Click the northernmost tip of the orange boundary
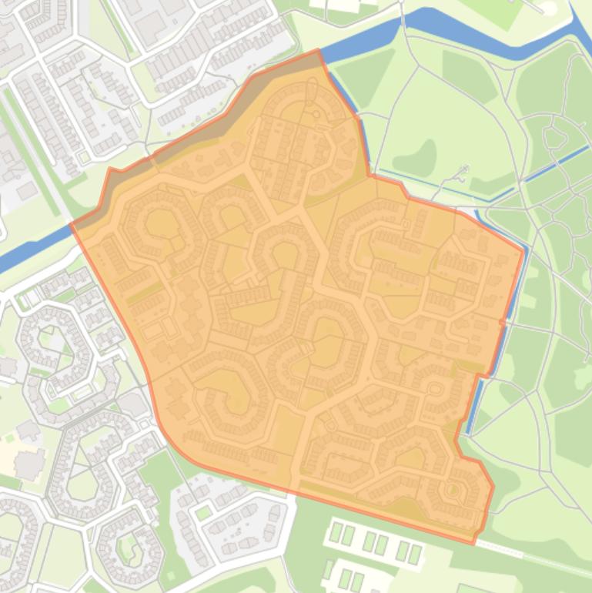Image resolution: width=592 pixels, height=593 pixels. (318, 51)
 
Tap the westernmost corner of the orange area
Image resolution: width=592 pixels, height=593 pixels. (72, 225)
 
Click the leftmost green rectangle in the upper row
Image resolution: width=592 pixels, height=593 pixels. (336, 532)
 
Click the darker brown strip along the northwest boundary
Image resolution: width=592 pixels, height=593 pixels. (185, 143)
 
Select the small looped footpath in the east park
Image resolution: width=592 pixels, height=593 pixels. (553, 138)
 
